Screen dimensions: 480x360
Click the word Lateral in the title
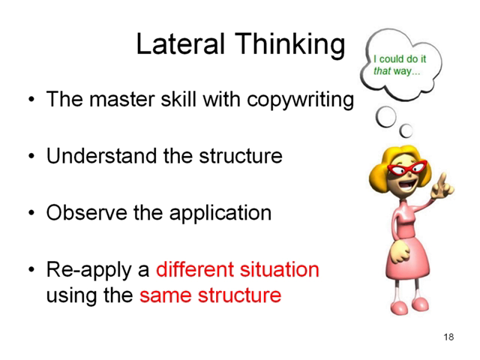[x=180, y=44]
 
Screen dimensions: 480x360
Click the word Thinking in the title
[x=290, y=45]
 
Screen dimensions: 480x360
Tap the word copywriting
[x=300, y=100]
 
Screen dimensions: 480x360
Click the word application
[x=220, y=213]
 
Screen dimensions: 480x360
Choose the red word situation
[x=280, y=269]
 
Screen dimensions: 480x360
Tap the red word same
[x=166, y=295]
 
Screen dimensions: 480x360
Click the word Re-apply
[x=89, y=271]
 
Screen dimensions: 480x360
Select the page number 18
[x=448, y=337]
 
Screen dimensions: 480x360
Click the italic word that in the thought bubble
[x=382, y=71]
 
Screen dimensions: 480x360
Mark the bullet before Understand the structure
[x=31, y=157]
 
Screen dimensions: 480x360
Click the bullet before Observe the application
[x=31, y=213]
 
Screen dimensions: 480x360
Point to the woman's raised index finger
[x=442, y=178]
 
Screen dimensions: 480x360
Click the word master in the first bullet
[x=123, y=100]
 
